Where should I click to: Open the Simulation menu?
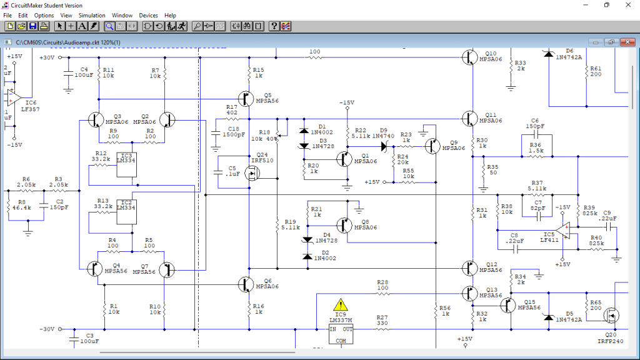coord(92,15)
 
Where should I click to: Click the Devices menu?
coord(148,15)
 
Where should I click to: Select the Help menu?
coord(170,15)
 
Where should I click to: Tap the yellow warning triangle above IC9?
coord(340,305)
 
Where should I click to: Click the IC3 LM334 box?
coord(126,164)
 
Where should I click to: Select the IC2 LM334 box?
coord(126,211)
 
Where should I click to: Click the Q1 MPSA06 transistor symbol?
coord(345,159)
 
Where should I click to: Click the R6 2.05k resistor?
coord(26,190)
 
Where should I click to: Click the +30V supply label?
coord(47,57)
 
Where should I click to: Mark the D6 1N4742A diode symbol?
coord(549,54)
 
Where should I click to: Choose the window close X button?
coord(628,5)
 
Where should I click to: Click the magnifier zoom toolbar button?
coord(109,26)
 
